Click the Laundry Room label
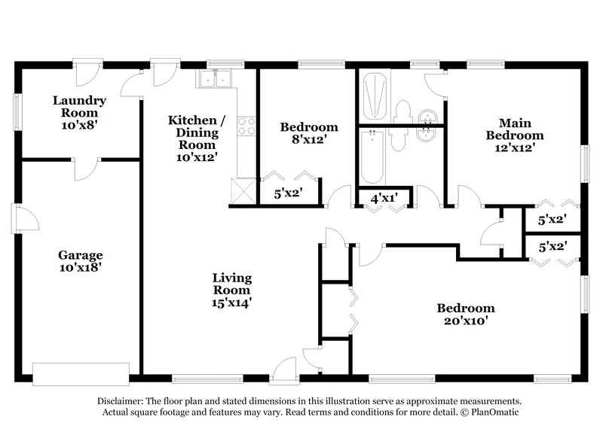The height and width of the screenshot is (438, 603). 78,107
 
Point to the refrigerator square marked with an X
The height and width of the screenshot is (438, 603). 241,188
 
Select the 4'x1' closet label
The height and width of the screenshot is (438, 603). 384,199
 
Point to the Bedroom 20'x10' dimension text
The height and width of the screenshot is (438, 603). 466,321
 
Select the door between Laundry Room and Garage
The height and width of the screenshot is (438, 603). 85,167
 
